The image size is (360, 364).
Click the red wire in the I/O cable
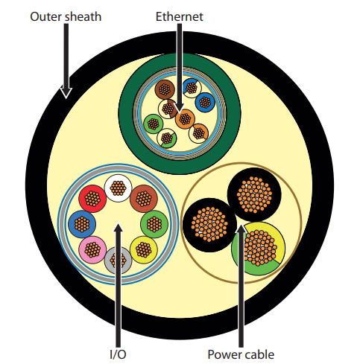pos(92,199)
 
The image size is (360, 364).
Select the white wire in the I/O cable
pos(118,188)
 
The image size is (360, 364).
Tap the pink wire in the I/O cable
pos(92,249)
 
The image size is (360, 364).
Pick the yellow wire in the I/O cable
pos(144,249)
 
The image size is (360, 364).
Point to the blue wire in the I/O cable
pos(82,224)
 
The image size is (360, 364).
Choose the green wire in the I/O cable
pos(154,224)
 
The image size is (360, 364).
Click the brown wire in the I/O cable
pos(144,199)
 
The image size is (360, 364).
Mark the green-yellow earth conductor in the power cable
pos(259,248)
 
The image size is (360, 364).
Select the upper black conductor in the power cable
pos(254,195)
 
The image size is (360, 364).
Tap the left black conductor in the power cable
pos(210,225)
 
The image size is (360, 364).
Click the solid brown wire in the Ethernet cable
pos(165,89)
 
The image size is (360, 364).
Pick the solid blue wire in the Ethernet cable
pos(205,102)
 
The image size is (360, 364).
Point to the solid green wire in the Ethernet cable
pos(154,124)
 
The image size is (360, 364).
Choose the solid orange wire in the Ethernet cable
pos(185,119)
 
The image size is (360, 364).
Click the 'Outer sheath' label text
pos(66,17)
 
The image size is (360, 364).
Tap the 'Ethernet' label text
pos(180,16)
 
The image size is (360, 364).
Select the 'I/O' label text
pos(118,354)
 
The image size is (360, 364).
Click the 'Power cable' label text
pos(241,354)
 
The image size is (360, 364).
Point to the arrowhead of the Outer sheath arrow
pos(66,93)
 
